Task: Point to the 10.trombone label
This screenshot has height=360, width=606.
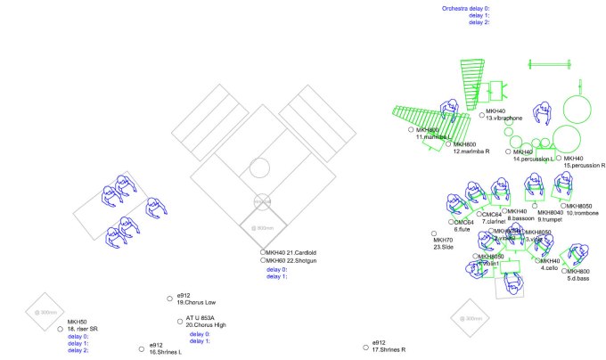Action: tap(581, 213)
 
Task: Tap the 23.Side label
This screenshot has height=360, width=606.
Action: tap(443, 247)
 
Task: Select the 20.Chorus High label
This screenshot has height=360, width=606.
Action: tap(208, 325)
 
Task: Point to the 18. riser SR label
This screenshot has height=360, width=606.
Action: tap(82, 329)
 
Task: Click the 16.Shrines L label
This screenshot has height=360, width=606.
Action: tap(165, 352)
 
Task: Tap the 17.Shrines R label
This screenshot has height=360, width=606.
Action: tap(389, 349)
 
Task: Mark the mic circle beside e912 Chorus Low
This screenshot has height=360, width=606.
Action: tap(169, 297)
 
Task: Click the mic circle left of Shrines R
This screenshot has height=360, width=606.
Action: tap(365, 346)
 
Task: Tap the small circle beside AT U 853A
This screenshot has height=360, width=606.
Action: tap(178, 320)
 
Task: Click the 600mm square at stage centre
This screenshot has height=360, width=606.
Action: tap(263, 227)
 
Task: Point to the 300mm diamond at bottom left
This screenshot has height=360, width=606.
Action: tap(46, 312)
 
